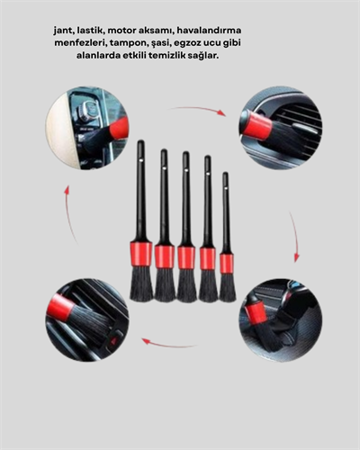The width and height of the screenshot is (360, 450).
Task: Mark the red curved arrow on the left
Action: point(67,214)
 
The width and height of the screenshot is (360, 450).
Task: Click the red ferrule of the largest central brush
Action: point(140,254)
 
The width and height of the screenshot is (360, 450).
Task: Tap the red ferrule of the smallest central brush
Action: point(227,263)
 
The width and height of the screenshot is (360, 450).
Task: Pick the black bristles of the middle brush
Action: point(186,284)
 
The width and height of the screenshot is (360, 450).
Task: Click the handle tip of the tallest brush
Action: point(139,145)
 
